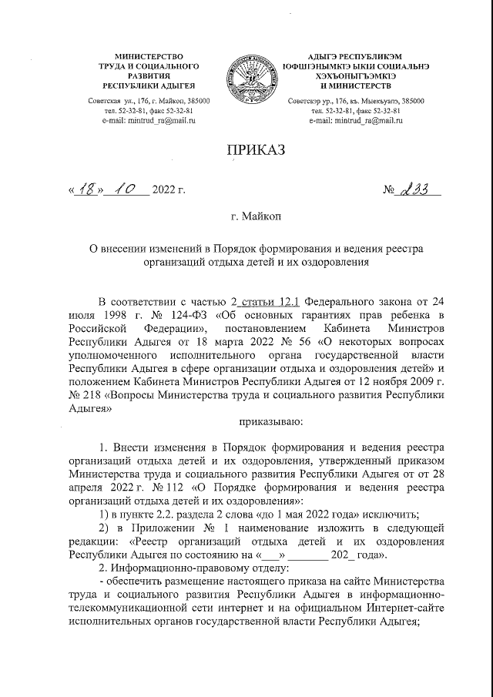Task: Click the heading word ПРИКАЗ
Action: coord(256,150)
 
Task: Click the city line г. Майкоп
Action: coord(257,219)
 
